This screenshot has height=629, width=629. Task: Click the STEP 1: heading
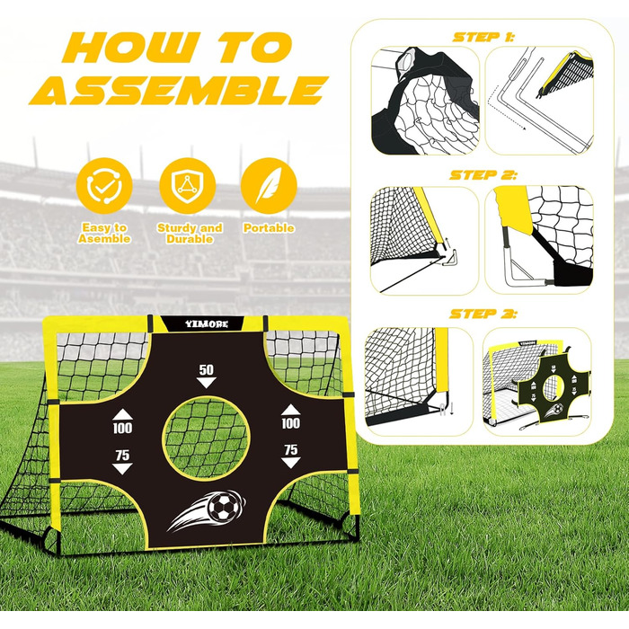[x=483, y=38]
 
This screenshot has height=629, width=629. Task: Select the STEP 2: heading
[x=483, y=175]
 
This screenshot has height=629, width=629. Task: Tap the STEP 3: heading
[x=483, y=314]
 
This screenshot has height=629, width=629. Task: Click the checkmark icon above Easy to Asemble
[x=104, y=186]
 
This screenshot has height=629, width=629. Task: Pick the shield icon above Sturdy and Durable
[x=187, y=186]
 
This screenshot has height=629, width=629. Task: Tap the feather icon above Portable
[x=269, y=186]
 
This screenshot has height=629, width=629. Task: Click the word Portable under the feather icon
[x=269, y=228]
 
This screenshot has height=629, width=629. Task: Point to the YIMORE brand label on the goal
[x=206, y=323]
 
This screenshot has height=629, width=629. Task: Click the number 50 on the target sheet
[x=206, y=369]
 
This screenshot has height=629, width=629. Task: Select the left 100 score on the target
[x=122, y=428]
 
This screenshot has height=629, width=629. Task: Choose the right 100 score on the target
[x=290, y=423]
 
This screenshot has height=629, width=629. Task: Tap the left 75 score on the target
[x=122, y=455]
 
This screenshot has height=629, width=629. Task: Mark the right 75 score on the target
[x=291, y=449]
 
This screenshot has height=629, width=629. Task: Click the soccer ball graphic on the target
[x=225, y=507]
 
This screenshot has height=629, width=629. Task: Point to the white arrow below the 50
[x=206, y=382]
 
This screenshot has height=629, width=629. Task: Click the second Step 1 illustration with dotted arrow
[x=539, y=101]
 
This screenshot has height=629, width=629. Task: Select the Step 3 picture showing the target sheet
[x=536, y=382]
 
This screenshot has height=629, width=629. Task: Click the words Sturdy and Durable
[x=190, y=234]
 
